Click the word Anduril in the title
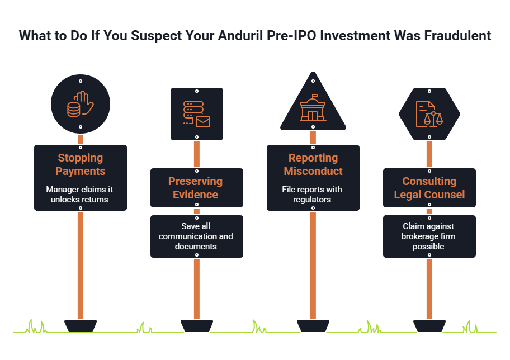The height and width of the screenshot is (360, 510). [240, 35]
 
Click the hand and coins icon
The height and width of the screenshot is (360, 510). [81, 104]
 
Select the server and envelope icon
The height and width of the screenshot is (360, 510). [197, 114]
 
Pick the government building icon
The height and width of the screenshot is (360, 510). [313, 108]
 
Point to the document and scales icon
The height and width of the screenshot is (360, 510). [429, 114]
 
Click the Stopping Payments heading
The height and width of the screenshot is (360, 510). [81, 164]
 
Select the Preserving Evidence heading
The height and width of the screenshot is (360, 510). [196, 188]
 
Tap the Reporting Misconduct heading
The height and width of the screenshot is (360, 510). [313, 164]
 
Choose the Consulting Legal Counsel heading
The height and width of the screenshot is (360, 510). [429, 188]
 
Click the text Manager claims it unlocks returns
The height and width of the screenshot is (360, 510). [79, 195]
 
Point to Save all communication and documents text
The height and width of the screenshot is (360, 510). [196, 236]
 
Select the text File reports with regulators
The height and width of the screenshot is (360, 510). [312, 195]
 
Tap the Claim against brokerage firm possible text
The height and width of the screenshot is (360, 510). [428, 236]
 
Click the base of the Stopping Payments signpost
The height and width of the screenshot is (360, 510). [81, 326]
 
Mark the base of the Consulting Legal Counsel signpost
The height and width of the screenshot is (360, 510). [429, 326]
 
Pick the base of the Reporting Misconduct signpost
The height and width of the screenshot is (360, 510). [313, 326]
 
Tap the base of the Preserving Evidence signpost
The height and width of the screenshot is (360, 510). [197, 326]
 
